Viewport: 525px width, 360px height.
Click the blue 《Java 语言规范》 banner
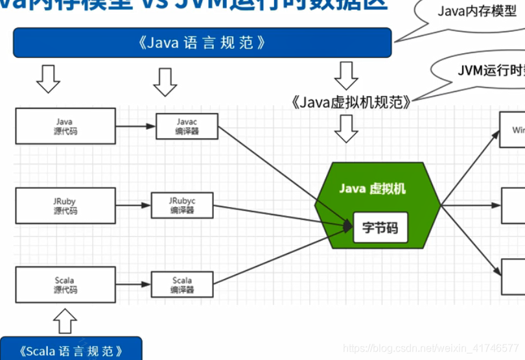tap(202, 43)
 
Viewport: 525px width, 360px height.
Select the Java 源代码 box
tap(65, 126)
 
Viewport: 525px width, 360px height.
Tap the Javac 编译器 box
tap(187, 126)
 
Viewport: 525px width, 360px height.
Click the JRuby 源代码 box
tap(65, 206)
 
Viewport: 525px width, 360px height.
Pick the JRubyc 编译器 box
tap(181, 206)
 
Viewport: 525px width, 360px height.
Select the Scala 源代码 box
tap(65, 285)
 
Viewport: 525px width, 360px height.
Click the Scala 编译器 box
tap(181, 285)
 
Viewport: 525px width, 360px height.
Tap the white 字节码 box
tap(380, 228)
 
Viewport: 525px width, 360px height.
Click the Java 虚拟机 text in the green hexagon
tap(372, 188)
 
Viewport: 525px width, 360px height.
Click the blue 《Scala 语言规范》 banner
tap(71, 351)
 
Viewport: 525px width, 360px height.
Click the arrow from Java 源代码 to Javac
tap(135, 126)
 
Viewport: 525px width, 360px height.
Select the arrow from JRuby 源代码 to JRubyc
tap(133, 206)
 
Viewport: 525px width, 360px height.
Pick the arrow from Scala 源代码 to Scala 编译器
tap(133, 285)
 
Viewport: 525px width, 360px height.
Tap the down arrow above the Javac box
tap(165, 81)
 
